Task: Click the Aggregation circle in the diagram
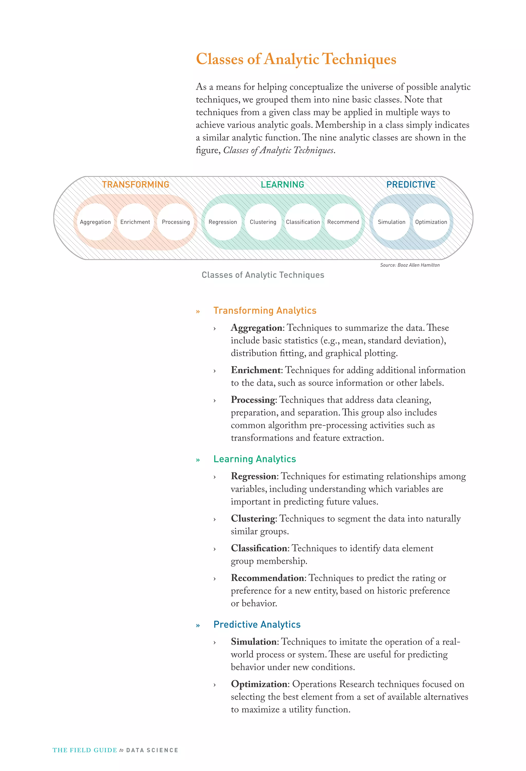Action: click(95, 222)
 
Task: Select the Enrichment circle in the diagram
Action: click(135, 222)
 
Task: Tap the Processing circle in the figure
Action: click(176, 222)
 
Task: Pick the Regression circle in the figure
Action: click(223, 222)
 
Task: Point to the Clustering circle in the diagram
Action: click(263, 222)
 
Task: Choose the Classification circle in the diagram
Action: click(303, 222)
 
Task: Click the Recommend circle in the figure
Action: click(343, 222)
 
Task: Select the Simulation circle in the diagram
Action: click(391, 222)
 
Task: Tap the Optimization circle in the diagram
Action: click(431, 222)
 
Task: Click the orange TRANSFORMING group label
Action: click(136, 185)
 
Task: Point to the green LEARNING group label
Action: click(282, 185)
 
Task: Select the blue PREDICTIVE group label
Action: click(411, 185)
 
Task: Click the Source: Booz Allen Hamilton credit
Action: click(410, 265)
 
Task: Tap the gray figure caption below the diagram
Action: click(263, 275)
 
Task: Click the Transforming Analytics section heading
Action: click(265, 311)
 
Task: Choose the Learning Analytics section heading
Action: click(254, 459)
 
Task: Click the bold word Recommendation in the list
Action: click(267, 578)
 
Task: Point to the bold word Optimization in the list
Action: click(259, 684)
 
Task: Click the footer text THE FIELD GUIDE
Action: click(85, 750)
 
